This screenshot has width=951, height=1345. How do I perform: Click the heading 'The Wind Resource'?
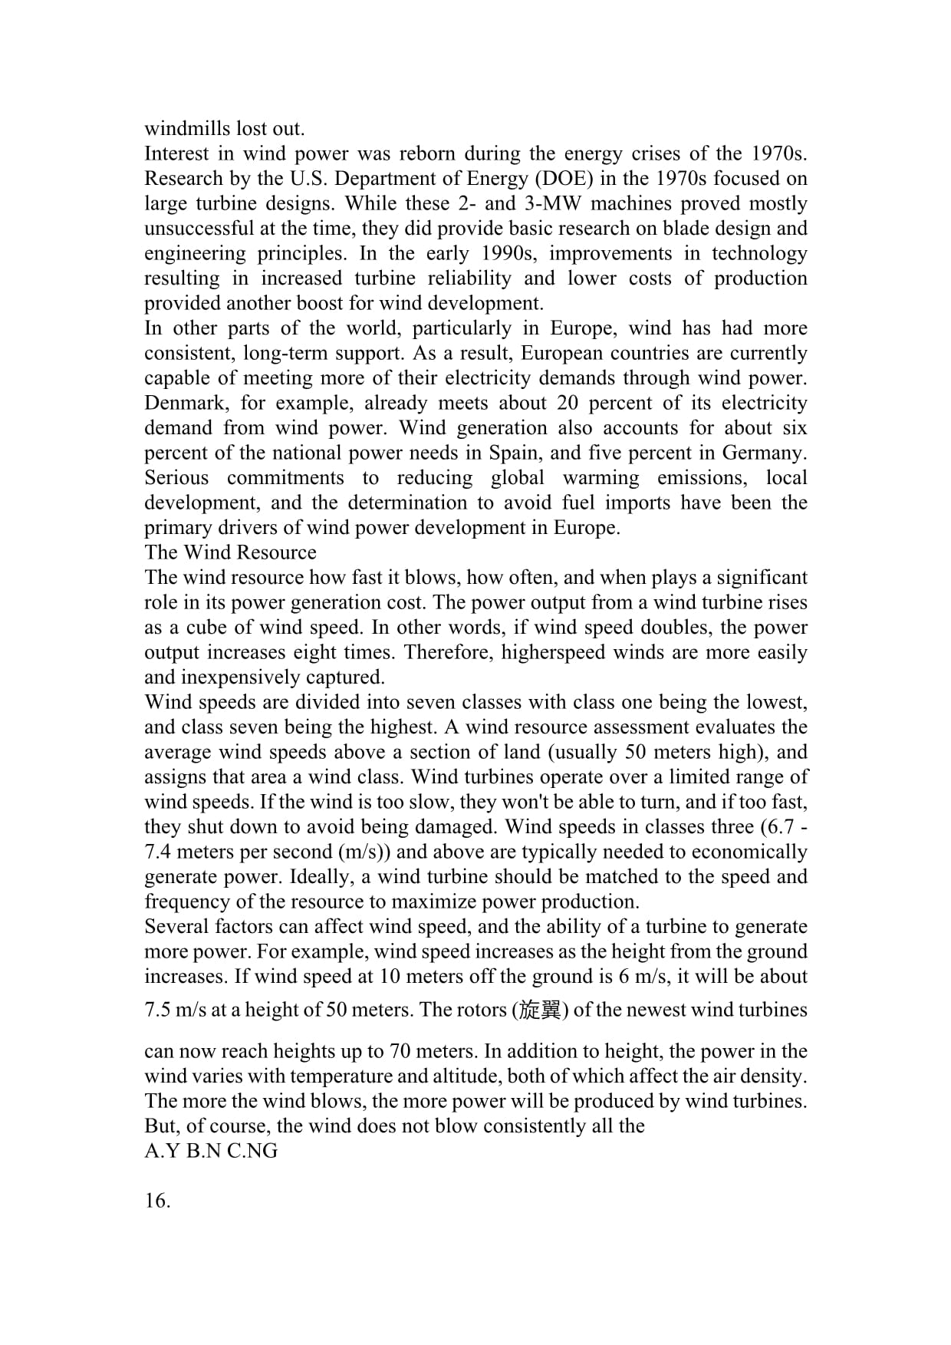click(x=230, y=552)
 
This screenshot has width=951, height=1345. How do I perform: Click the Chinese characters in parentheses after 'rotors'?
click(x=540, y=1010)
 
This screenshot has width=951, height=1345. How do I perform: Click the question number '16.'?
click(x=157, y=1201)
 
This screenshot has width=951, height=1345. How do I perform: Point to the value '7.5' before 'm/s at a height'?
click(x=157, y=1010)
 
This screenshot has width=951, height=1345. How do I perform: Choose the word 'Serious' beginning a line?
click(x=176, y=477)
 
